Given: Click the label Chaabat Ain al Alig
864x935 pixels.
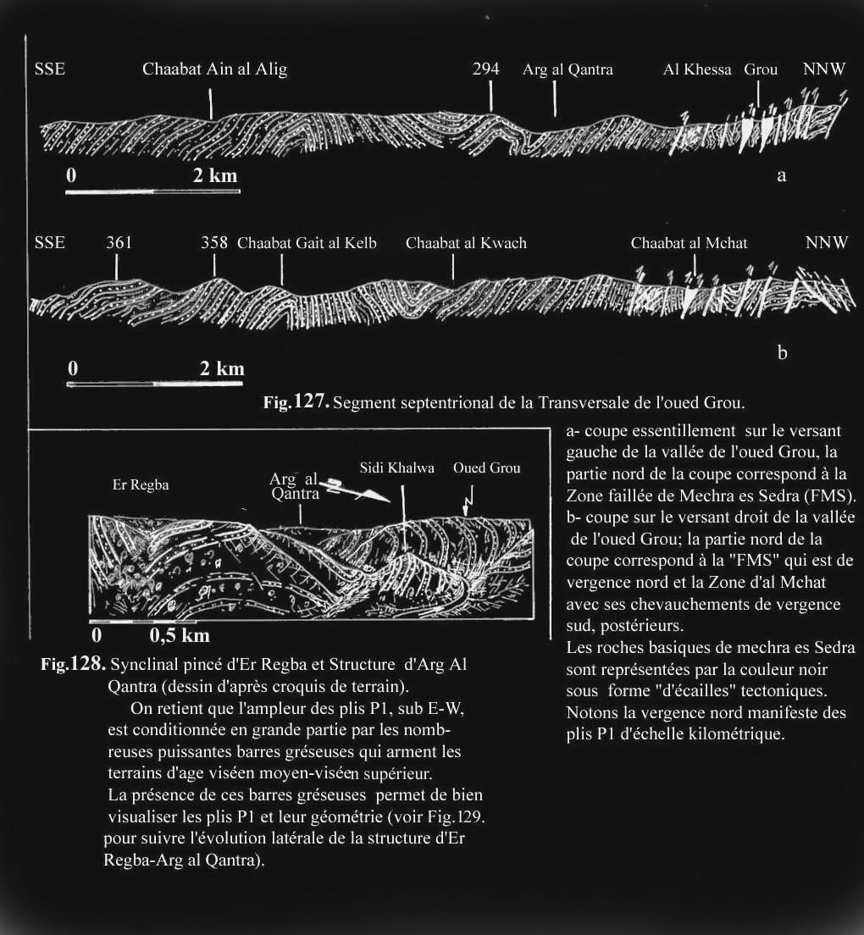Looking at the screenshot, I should [214, 69].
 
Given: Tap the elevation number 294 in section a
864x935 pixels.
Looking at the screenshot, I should [485, 69].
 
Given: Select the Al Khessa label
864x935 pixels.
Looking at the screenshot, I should [697, 69].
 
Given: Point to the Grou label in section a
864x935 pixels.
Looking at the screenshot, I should [761, 69].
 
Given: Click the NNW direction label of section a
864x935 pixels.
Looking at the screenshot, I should [824, 69].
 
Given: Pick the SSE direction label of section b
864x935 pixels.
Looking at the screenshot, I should [49, 243].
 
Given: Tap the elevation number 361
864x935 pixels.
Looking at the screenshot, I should [119, 243].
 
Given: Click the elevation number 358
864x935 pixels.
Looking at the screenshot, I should [214, 243].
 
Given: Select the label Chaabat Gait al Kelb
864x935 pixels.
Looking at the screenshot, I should [307, 243].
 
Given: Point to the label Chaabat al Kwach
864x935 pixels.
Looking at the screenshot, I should [466, 243].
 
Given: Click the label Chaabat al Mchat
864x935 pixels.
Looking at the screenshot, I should [689, 243].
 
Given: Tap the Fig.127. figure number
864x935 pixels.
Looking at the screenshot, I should [296, 402].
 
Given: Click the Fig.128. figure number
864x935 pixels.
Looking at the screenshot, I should [73, 665].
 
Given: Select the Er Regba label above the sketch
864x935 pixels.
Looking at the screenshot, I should [141, 485].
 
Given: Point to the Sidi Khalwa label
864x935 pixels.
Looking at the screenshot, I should [396, 468].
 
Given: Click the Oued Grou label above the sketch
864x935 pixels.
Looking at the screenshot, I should [486, 468].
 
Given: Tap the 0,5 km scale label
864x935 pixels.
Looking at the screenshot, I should [180, 635].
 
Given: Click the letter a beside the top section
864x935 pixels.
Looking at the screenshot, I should [781, 175].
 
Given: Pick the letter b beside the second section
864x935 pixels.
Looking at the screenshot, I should [782, 352].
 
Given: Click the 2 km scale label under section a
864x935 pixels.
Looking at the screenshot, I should [215, 176].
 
